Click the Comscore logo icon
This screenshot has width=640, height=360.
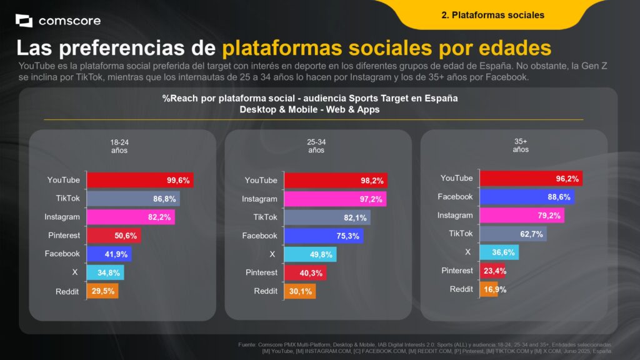point(24,21)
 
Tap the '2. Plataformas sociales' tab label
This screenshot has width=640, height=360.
point(492,15)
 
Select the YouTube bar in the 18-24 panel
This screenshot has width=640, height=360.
point(139,180)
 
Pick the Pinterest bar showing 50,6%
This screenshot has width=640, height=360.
point(113,236)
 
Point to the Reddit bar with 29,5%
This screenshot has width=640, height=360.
point(102,291)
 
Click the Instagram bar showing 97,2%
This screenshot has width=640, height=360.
point(335,199)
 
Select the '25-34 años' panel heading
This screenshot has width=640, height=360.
point(316,146)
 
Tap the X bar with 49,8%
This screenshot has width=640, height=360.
point(310,254)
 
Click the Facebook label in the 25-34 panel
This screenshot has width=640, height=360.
point(259,236)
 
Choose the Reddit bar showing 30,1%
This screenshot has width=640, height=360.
point(300,291)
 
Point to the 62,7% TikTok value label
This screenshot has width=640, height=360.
point(531,234)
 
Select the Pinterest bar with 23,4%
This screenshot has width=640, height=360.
point(492,271)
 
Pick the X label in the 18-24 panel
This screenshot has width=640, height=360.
point(75,272)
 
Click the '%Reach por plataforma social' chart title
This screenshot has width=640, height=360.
point(310,99)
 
